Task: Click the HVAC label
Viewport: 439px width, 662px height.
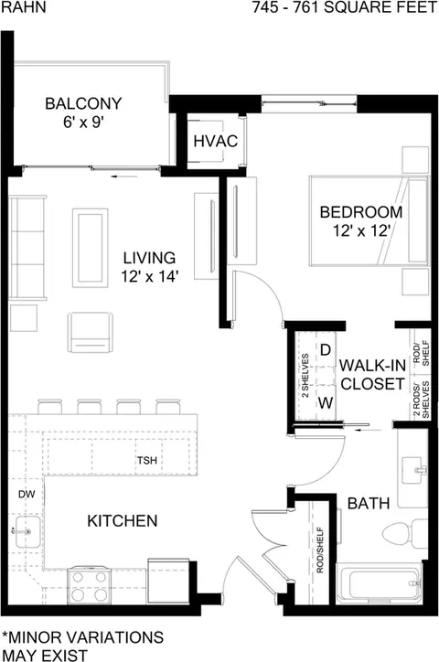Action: point(215,141)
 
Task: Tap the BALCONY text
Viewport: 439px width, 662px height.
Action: point(83,103)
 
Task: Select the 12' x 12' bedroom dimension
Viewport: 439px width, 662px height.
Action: point(361,231)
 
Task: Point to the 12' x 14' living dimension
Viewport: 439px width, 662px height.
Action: point(150,276)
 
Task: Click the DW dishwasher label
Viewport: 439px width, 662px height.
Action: point(27,494)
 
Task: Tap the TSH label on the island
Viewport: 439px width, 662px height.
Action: point(147,460)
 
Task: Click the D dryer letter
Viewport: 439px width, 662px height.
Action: point(326,350)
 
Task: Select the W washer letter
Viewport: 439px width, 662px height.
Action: point(326,403)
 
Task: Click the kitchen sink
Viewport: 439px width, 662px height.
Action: point(27,531)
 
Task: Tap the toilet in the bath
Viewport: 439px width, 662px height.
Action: point(404,535)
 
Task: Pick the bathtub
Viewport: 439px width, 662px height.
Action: point(379,583)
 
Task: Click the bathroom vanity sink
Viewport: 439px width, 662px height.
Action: point(414,470)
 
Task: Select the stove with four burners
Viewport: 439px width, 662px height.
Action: point(89,585)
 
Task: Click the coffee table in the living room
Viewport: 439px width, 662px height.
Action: point(90,248)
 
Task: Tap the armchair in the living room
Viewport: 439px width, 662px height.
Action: point(90,333)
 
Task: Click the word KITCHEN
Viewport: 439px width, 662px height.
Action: point(123,520)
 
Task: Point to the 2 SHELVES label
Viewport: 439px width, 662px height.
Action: point(305,376)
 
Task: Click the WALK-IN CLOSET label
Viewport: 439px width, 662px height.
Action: point(373,375)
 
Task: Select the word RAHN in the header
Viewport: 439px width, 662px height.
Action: point(23,7)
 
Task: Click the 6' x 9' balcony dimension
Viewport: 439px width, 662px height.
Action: point(83,123)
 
